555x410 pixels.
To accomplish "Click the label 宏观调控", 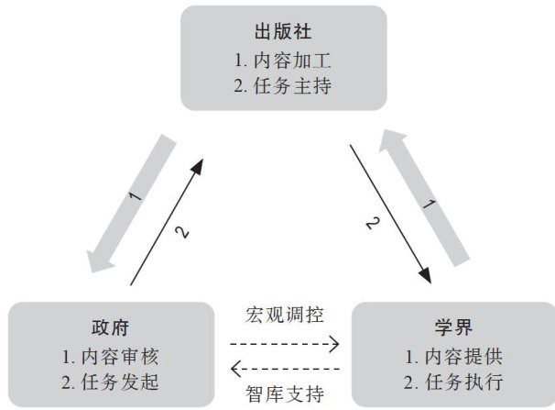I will [283, 317].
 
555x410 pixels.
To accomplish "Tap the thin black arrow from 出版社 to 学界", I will [390, 210].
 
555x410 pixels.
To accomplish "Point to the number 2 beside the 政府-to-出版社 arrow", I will [183, 234].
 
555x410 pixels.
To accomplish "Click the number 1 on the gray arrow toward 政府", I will [135, 195].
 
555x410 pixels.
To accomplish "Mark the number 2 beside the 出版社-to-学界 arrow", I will [372, 222].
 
